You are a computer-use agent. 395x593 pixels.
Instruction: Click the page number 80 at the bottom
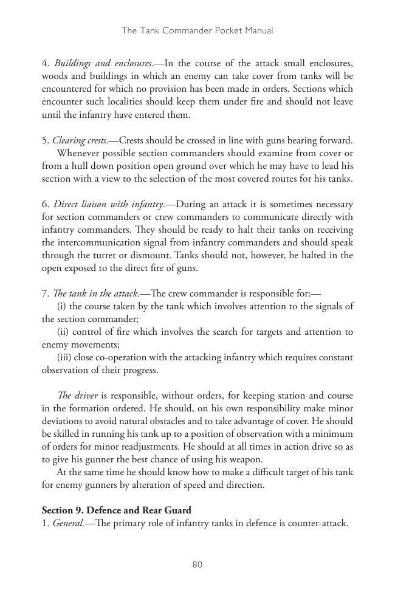pyautogui.click(x=197, y=564)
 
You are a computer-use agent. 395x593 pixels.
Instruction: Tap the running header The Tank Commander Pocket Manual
pyautogui.click(x=197, y=30)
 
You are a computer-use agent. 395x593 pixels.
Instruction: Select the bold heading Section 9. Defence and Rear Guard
pyautogui.click(x=116, y=510)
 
